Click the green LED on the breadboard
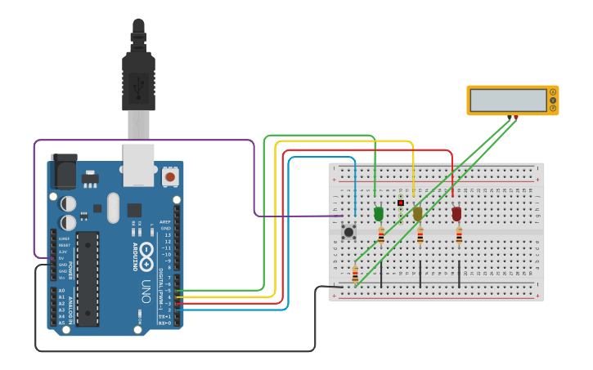click(x=378, y=214)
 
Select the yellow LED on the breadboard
click(x=417, y=214)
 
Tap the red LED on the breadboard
click(x=456, y=214)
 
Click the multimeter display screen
click(x=508, y=100)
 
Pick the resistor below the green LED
click(x=381, y=237)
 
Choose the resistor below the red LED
click(x=459, y=237)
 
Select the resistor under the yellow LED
click(x=420, y=237)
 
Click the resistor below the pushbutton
click(x=355, y=274)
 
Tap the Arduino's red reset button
click(x=170, y=176)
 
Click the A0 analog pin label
click(x=61, y=291)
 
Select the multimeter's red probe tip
click(x=516, y=118)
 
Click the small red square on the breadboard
click(x=401, y=203)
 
